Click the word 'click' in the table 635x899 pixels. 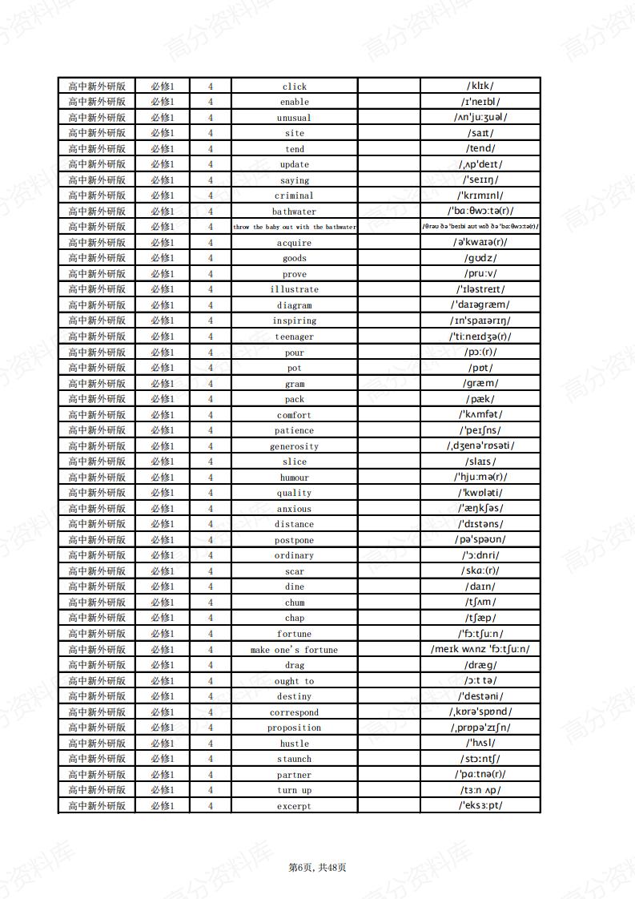294,87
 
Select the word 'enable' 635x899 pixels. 294,102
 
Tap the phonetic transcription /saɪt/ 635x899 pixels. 480,133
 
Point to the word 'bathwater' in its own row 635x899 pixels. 294,212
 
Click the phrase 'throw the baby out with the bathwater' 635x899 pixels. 294,227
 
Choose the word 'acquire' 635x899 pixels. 294,243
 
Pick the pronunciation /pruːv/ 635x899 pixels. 480,274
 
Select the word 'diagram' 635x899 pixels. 294,305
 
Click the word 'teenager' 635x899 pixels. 294,337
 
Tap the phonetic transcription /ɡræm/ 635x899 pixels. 480,383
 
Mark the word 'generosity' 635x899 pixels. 294,446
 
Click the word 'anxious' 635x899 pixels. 294,509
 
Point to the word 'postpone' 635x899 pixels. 294,540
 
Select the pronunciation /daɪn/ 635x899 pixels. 480,587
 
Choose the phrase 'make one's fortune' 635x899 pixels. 294,650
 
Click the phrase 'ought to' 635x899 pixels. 294,681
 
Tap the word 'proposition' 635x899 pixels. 294,728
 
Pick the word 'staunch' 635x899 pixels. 294,759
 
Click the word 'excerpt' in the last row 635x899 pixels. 294,806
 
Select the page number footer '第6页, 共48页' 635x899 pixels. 317,867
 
